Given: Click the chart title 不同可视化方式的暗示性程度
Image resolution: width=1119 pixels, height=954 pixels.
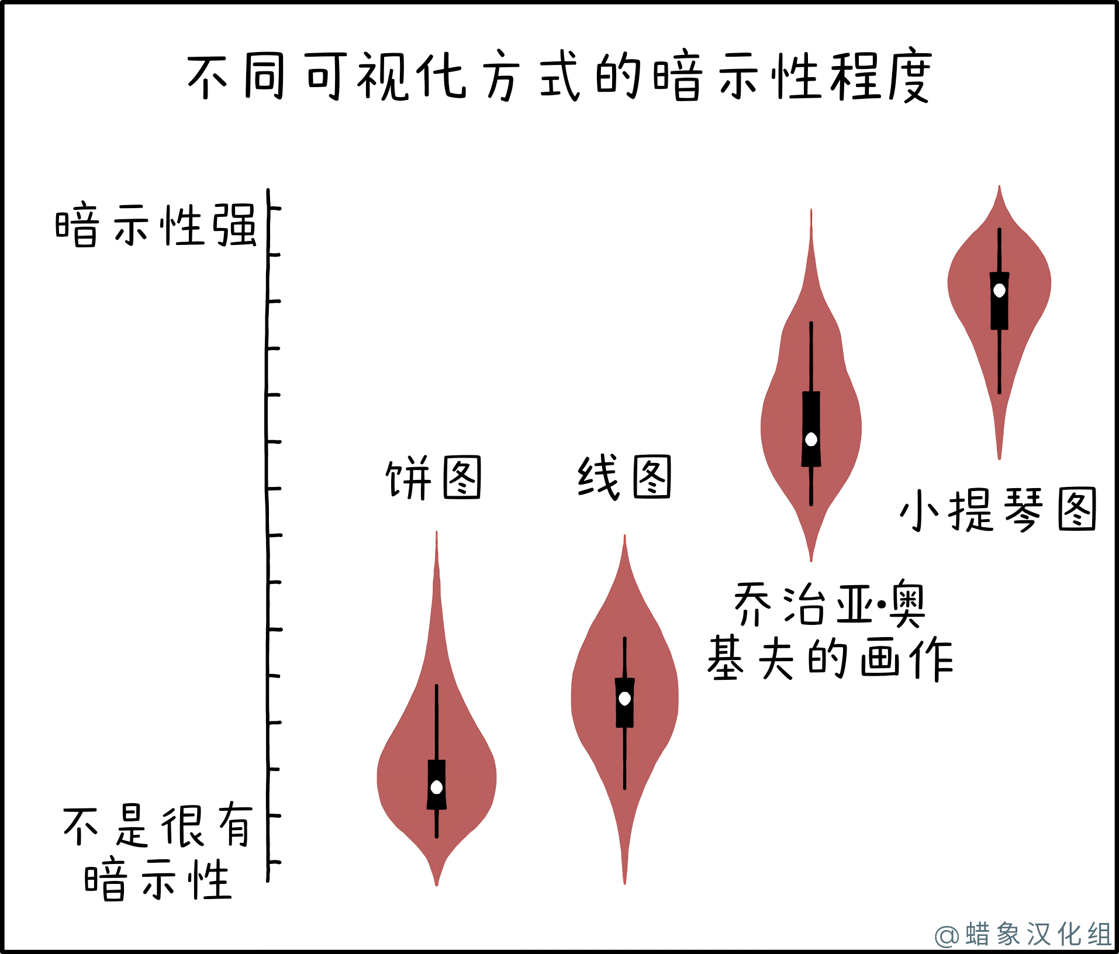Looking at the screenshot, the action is [x=559, y=77].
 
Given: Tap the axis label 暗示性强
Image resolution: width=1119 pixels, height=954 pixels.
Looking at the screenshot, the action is [x=156, y=226].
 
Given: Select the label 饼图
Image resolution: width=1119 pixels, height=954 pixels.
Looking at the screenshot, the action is [x=433, y=478].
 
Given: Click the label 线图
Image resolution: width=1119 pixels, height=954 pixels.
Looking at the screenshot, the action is [x=624, y=477].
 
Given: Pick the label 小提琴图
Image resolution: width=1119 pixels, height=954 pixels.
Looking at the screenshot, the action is [x=997, y=510].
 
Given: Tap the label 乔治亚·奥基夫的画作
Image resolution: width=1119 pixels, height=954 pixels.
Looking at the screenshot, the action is [x=830, y=631].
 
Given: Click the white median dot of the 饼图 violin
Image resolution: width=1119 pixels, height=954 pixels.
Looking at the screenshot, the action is [x=437, y=787].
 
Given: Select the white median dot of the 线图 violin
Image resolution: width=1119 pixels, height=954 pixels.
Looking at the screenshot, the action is [x=625, y=698].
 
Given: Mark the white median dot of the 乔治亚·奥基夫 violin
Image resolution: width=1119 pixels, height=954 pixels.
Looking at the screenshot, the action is [x=811, y=439].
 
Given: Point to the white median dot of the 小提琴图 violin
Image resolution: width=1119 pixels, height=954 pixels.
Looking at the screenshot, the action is [x=1000, y=290].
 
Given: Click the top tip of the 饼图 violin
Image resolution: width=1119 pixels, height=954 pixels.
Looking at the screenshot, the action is [x=437, y=531].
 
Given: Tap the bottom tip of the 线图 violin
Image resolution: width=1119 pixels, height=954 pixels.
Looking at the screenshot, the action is [x=625, y=884].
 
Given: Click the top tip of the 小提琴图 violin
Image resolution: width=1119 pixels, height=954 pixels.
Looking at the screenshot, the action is [x=1000, y=186].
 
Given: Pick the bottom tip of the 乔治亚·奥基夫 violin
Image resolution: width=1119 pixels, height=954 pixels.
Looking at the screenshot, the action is [x=811, y=561].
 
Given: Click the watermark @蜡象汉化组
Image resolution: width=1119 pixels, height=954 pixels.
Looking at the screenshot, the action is [x=1023, y=934].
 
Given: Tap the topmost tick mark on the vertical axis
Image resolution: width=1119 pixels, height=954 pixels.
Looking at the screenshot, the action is [x=274, y=208].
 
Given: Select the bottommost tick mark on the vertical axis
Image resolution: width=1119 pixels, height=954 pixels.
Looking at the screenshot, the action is [x=274, y=862].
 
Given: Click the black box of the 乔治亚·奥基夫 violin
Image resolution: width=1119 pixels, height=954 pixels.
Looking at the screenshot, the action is [x=811, y=428].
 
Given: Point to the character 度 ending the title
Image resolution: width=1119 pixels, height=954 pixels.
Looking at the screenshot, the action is [x=910, y=77].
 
